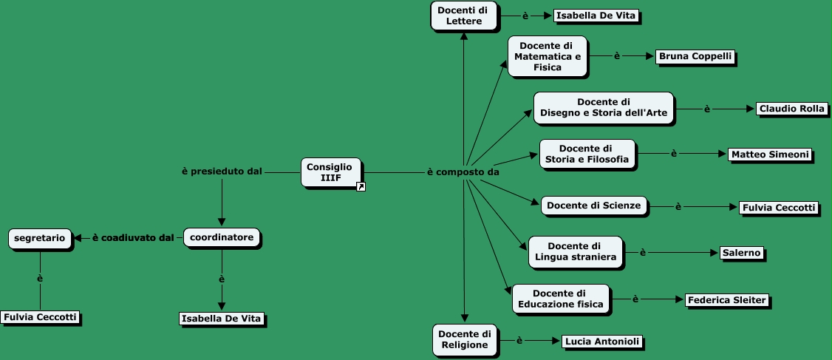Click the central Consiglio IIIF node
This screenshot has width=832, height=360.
point(330,171)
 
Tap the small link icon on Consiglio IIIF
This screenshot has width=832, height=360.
point(361,187)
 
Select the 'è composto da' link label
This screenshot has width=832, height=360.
point(463,172)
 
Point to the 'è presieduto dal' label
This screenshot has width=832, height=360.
point(222,171)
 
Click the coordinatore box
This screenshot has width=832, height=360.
point(222,238)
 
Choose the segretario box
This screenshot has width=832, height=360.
point(41,238)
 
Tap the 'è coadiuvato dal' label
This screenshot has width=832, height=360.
point(132,238)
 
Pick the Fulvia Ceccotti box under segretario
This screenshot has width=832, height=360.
point(40,317)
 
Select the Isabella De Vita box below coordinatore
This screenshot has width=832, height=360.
point(222,319)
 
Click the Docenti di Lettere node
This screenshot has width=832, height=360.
point(463,16)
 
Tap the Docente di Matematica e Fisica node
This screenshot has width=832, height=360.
point(547,56)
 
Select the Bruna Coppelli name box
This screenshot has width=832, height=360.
point(696,57)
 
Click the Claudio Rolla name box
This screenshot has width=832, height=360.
point(791,109)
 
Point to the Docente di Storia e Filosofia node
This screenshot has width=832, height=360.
point(587,154)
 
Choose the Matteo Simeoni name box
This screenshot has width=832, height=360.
point(770,154)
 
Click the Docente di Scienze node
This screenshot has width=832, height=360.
point(594,206)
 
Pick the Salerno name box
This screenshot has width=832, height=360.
point(741,253)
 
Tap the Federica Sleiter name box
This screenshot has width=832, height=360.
point(727,300)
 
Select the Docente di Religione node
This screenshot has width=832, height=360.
point(464,339)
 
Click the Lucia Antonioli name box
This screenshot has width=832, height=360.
point(601,342)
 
